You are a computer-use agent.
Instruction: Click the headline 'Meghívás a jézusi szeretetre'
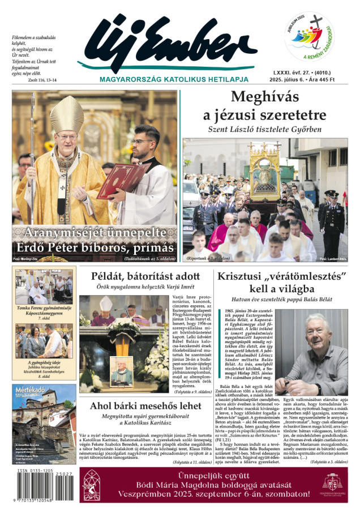pyautogui.click(x=264, y=105)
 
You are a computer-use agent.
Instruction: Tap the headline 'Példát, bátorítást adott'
pyautogui.click(x=145, y=276)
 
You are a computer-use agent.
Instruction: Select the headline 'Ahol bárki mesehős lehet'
pyautogui.click(x=145, y=405)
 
